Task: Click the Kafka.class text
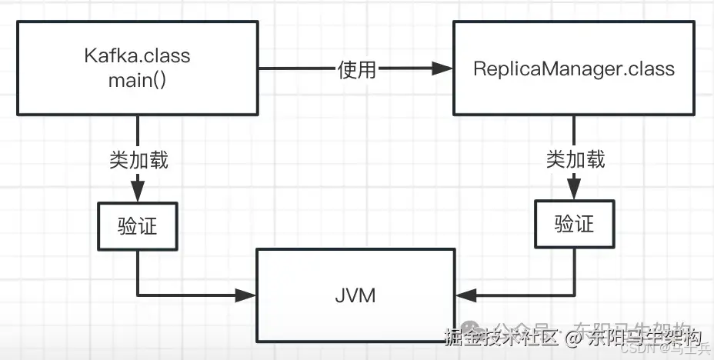click(x=137, y=56)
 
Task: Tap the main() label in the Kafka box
click(x=137, y=80)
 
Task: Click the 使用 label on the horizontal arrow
click(x=357, y=69)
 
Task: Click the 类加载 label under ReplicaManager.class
click(x=576, y=158)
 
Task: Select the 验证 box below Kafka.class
click(x=138, y=225)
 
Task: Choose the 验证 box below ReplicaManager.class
click(x=575, y=224)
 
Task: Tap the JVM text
click(x=355, y=295)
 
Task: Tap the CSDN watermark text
click(x=638, y=348)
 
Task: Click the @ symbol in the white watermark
click(x=572, y=338)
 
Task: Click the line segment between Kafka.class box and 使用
click(x=296, y=69)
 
